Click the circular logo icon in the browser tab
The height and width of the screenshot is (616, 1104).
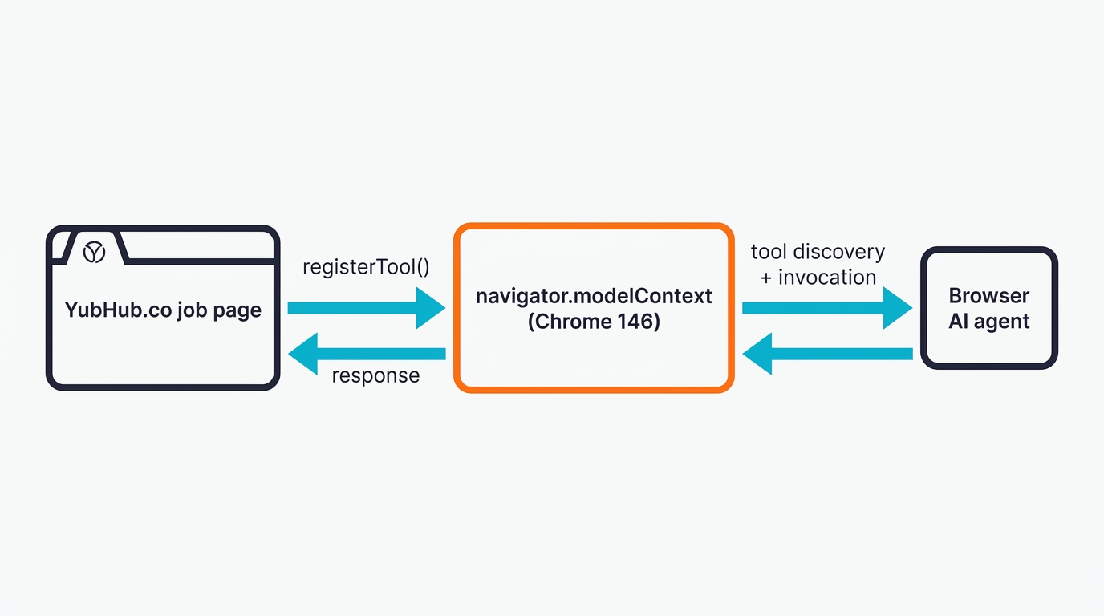click(95, 252)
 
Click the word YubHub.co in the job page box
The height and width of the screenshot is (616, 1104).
click(117, 310)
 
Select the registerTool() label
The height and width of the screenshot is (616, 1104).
click(366, 267)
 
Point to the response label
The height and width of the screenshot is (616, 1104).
click(375, 375)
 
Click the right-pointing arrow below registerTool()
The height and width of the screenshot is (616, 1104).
click(366, 308)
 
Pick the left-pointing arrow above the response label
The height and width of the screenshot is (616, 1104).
click(367, 354)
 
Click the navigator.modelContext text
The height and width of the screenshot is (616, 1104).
click(594, 296)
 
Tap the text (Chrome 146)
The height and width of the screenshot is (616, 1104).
click(594, 322)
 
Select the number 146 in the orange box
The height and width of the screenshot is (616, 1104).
click(638, 322)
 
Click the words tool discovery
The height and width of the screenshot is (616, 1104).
click(818, 252)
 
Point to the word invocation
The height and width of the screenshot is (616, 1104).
click(827, 278)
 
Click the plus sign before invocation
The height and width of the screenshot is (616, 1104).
click(766, 278)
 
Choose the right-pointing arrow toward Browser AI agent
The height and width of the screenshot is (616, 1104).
click(826, 308)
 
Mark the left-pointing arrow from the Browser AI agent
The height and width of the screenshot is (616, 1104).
click(826, 354)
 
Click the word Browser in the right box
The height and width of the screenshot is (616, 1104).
click(988, 295)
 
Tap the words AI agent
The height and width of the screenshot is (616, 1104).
click(988, 322)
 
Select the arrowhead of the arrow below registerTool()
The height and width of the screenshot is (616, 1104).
click(429, 308)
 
